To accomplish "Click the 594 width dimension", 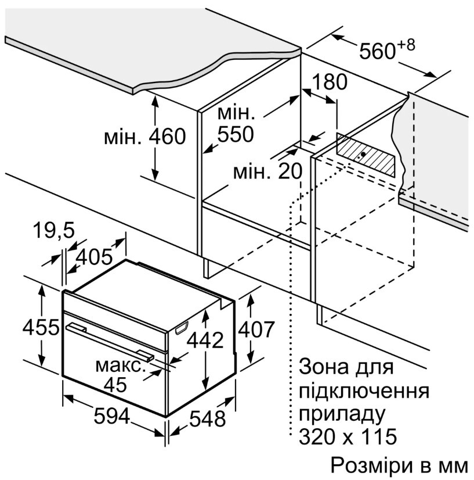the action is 112,416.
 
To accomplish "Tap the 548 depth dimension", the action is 208,419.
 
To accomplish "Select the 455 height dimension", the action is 41,327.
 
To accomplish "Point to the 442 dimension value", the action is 205,340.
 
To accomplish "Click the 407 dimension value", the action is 256,329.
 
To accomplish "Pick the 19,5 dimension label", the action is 54,230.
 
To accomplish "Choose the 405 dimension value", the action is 94,256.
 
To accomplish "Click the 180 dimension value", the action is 330,82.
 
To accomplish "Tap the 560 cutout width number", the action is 378,51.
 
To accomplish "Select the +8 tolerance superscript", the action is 406,45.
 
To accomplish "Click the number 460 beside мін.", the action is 167,136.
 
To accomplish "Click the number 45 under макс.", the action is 115,384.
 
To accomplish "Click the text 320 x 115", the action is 348,436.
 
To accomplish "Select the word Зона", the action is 324,366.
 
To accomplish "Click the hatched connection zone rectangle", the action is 366,155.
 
